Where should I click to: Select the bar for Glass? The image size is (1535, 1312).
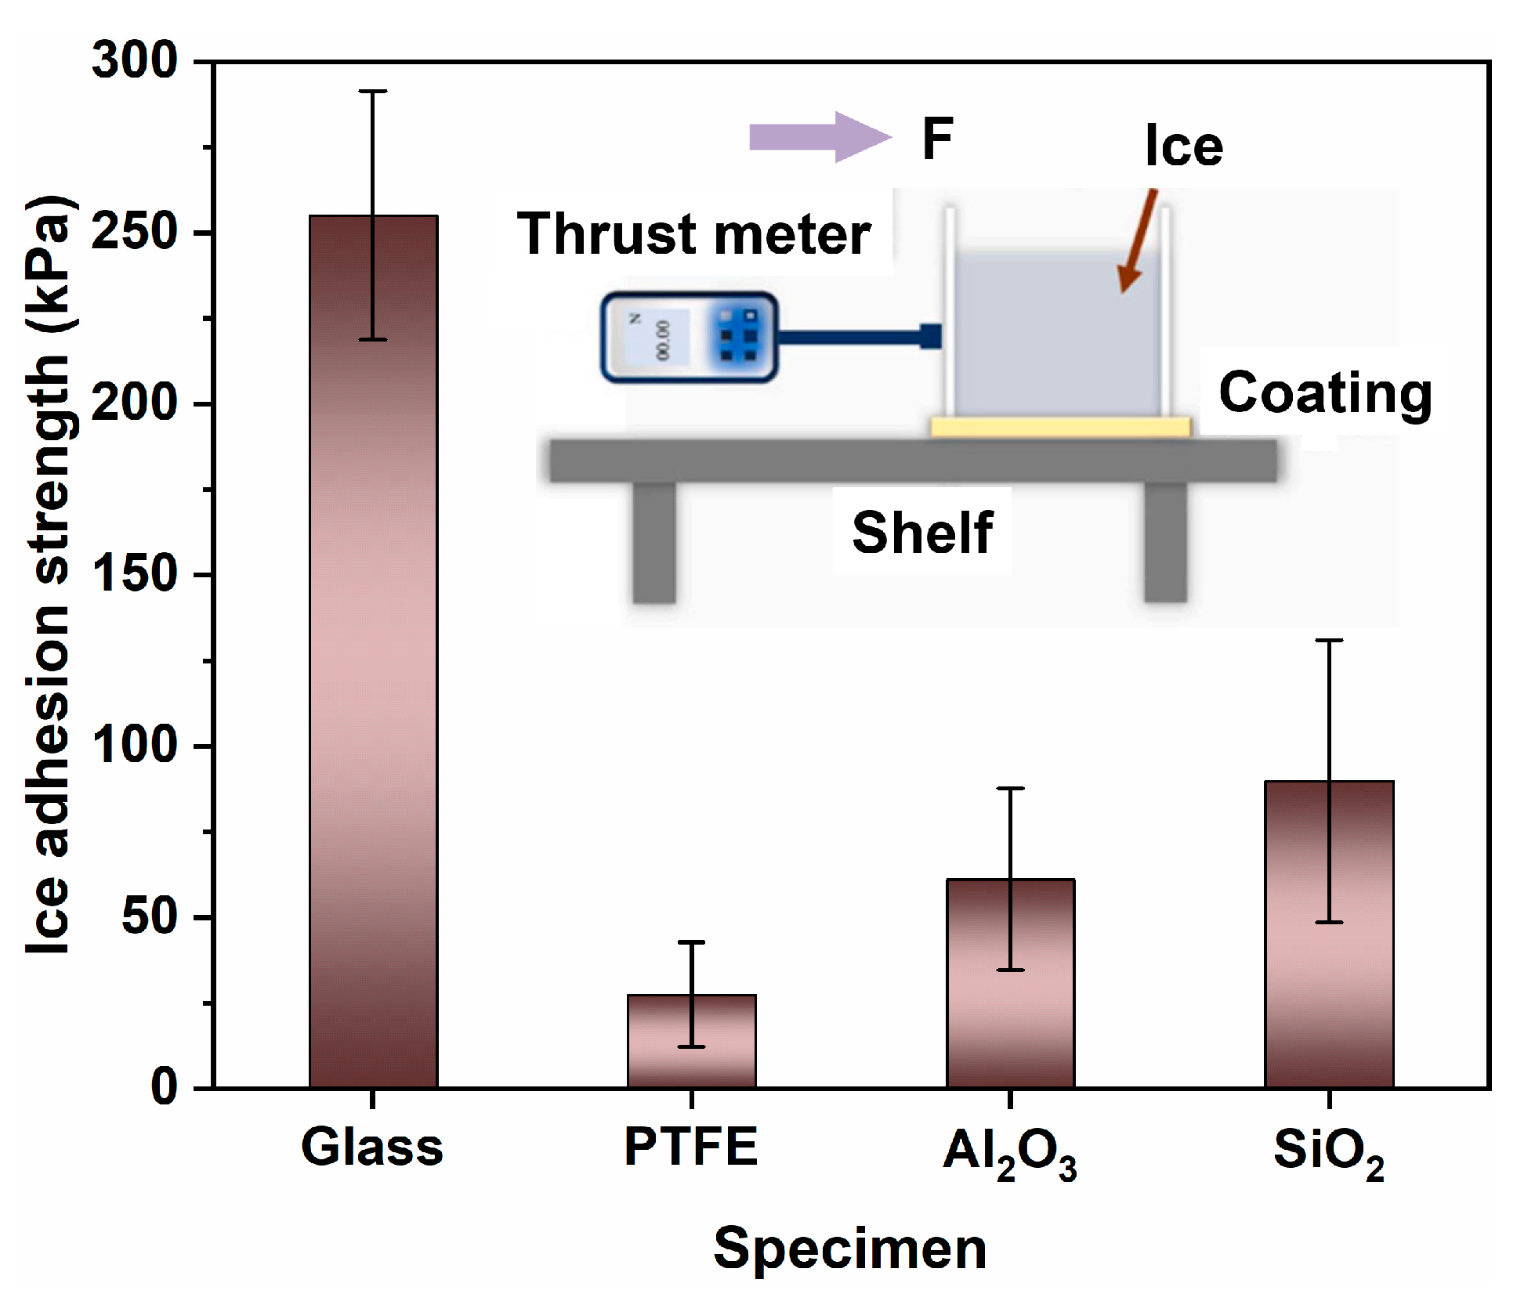pos(373,650)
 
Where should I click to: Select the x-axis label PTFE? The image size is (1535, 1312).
pos(691,1147)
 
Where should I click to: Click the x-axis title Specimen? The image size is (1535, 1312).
pos(849,1249)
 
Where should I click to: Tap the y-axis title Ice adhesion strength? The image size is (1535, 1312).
pos(49,576)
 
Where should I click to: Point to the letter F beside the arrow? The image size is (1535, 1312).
pos(938,139)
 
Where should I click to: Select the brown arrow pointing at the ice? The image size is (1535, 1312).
pos(1139,240)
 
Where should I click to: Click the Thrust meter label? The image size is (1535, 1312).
pos(694,234)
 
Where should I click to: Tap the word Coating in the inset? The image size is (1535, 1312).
pos(1325,392)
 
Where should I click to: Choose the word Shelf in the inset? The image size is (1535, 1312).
pos(922,533)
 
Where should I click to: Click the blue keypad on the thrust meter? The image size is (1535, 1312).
pos(738,336)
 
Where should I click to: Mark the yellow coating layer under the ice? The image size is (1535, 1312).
pos(1060,428)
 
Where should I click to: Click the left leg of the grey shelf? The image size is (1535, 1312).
pos(654,542)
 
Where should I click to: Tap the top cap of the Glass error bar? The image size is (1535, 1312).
pos(373,92)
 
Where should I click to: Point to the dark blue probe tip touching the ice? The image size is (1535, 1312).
pos(930,336)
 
